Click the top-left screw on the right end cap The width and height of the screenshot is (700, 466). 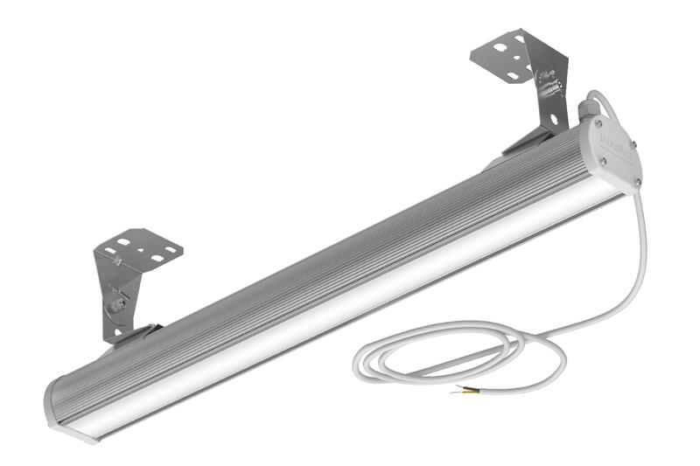(600, 125)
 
